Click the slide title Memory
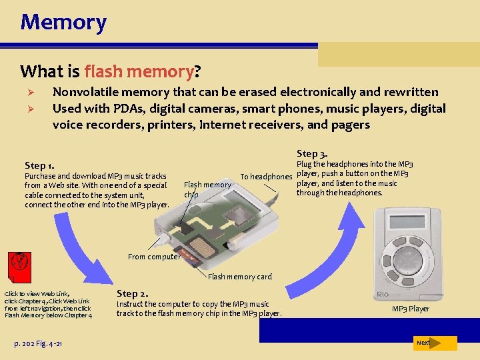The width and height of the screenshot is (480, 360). pyautogui.click(x=63, y=22)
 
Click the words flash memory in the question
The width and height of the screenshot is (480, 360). pyautogui.click(x=139, y=71)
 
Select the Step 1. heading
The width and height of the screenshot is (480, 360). pyautogui.click(x=40, y=165)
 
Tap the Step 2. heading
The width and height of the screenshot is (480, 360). pyautogui.click(x=132, y=293)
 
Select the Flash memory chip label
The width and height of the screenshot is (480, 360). pyautogui.click(x=207, y=189)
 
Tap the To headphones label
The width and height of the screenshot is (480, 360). pyautogui.click(x=266, y=177)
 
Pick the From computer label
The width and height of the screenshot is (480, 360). pyautogui.click(x=153, y=257)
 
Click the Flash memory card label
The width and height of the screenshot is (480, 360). pyautogui.click(x=240, y=277)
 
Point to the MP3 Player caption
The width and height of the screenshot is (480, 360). pyautogui.click(x=410, y=309)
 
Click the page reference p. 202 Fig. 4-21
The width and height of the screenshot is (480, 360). pyautogui.click(x=39, y=343)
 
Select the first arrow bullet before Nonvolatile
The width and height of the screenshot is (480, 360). pyautogui.click(x=29, y=93)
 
